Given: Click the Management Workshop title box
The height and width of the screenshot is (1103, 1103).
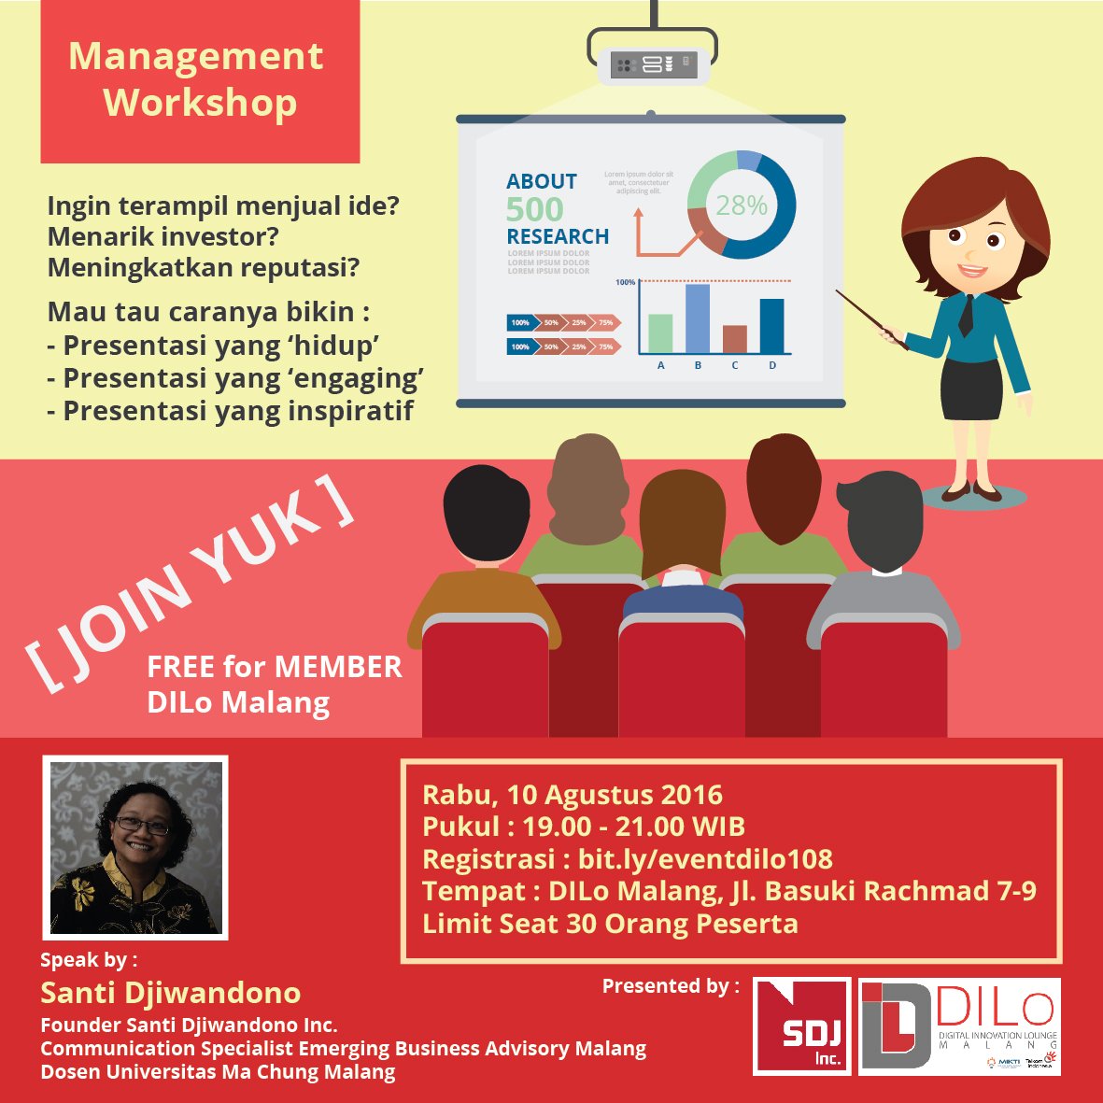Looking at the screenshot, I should coord(199,81).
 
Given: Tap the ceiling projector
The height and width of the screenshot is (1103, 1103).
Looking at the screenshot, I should coord(653,64).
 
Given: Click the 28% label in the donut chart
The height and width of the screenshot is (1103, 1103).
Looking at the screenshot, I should coord(742,205).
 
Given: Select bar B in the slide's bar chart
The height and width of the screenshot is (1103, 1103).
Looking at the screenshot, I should coord(698,318).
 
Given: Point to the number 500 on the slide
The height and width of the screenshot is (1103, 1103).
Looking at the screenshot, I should coord(535,209).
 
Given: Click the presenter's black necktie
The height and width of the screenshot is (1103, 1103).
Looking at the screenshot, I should coord(966,315).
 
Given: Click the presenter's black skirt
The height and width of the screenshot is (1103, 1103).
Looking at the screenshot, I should coord(970,388).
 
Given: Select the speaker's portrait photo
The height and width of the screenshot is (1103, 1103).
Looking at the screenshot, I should coord(136,848).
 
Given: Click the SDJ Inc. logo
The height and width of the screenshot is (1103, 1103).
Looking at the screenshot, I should coord(802,1026).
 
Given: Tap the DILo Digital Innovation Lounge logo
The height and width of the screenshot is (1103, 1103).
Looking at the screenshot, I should coord(960,1026).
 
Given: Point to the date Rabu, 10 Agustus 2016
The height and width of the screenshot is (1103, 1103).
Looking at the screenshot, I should coord(573,795).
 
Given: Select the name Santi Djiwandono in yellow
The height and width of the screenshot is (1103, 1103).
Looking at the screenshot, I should coord(171,992).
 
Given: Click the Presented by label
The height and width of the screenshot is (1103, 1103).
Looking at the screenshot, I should coord(671,986).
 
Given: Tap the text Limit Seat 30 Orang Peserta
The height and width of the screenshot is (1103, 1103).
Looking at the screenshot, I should coord(610,924).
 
